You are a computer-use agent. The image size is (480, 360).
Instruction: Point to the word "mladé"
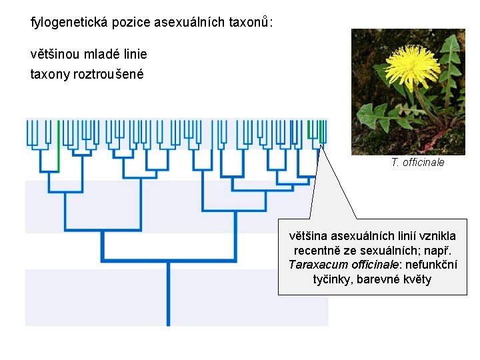(x=98, y=54)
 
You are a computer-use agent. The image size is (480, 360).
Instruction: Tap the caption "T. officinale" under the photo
(x=418, y=162)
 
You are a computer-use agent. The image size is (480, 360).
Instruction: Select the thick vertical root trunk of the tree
(x=168, y=293)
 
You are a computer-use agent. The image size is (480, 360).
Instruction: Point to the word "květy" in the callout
(x=416, y=279)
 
